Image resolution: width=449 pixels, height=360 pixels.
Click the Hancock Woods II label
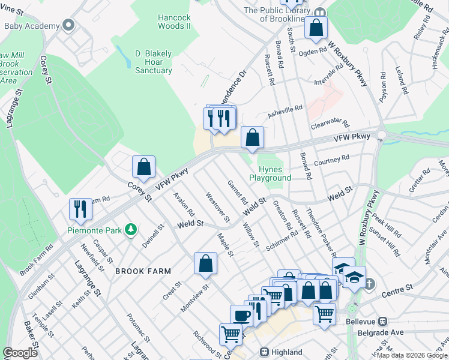pos(174,22)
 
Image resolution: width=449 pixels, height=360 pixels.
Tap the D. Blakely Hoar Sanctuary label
pos(153,62)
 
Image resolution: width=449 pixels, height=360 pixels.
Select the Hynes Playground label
pos(270,173)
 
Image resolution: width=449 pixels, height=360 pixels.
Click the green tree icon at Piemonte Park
pos(129,229)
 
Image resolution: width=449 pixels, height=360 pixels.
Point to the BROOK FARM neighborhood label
pos(139,271)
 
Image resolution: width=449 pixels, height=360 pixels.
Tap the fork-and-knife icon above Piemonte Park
pos(80,209)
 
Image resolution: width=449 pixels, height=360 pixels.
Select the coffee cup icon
pos(242,316)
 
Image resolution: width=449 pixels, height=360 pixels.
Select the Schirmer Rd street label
pos(284,243)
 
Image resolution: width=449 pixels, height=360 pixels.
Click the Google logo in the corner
pos(20,353)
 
